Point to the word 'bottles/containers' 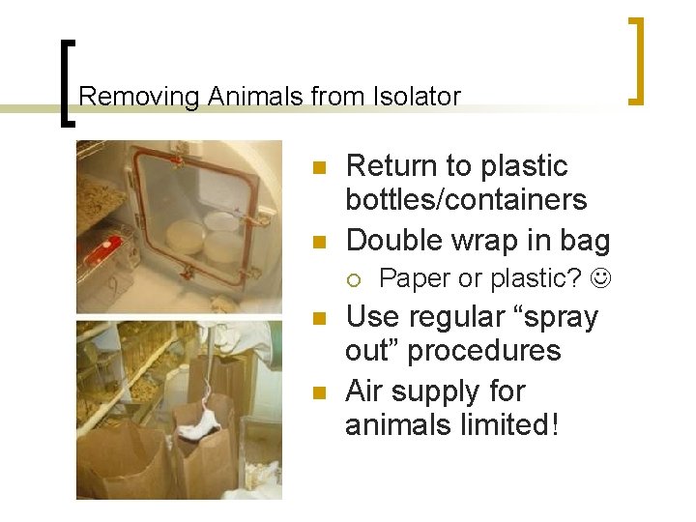(x=466, y=200)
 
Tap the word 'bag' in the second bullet (x=588, y=241)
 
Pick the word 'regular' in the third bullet (x=463, y=318)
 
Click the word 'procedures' (x=483, y=350)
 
